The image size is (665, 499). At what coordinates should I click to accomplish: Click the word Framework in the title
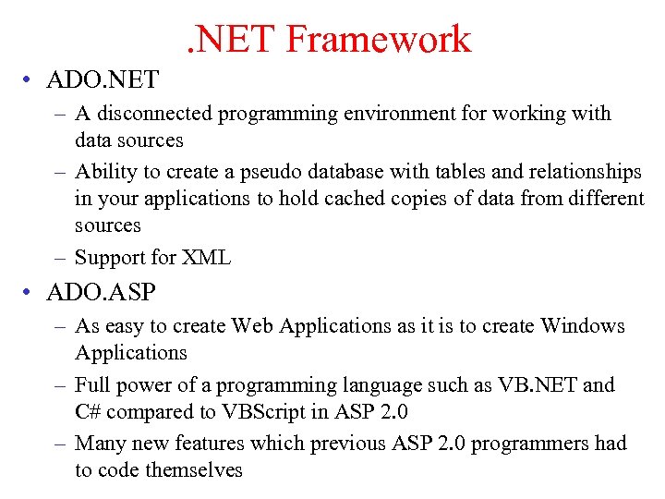tap(379, 40)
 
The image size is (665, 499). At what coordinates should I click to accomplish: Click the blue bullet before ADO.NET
tap(31, 80)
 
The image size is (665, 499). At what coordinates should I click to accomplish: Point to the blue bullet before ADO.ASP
tap(31, 294)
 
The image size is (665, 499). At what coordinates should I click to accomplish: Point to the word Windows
tap(583, 326)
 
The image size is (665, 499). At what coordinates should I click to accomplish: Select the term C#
tap(87, 412)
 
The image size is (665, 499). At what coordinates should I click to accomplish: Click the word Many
tap(101, 443)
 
